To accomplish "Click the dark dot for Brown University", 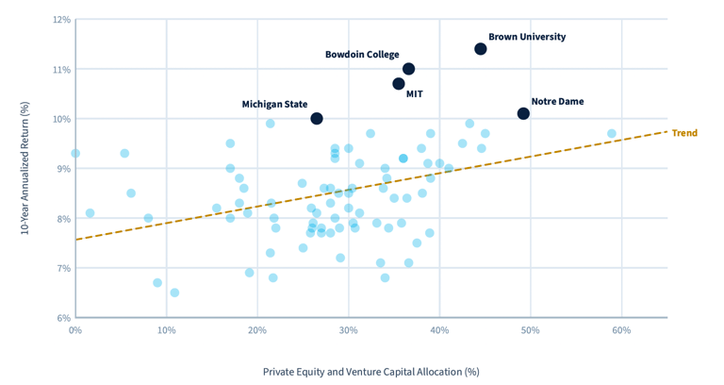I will [x=481, y=49].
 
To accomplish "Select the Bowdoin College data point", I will [x=408, y=69].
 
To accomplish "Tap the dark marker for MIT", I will [x=399, y=84].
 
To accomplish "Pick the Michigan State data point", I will [x=317, y=119].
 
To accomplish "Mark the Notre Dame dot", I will [x=523, y=113].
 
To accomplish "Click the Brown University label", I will [x=527, y=37].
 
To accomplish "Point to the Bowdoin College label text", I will [x=362, y=55].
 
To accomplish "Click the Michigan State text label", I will [x=274, y=105].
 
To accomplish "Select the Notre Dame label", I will [x=557, y=101].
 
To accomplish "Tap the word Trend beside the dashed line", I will [x=684, y=133].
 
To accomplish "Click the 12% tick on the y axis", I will [x=62, y=19].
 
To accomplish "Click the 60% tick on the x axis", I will [x=621, y=330].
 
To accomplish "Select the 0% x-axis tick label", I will [x=75, y=330].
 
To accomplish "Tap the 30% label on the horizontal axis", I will [x=348, y=330].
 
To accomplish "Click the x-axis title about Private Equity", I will [x=370, y=371].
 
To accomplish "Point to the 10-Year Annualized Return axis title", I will [x=25, y=168].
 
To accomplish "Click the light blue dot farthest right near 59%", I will [x=612, y=134].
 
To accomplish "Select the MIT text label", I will [x=415, y=94].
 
